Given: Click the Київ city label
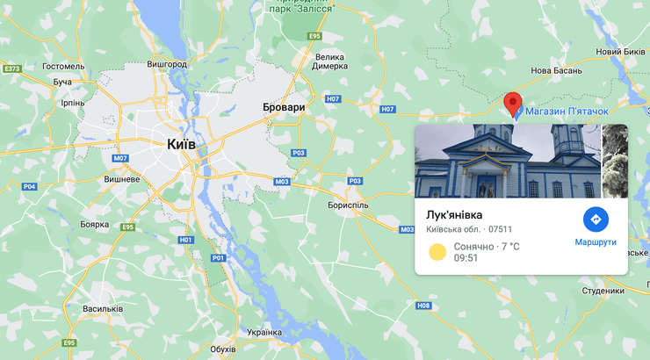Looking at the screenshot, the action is (x=180, y=143).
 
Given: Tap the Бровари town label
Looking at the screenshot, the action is (x=284, y=107).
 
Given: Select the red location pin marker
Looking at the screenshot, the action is (x=513, y=103).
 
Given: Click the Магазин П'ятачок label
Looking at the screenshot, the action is (x=567, y=112).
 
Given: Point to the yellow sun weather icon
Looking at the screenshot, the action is (x=437, y=252).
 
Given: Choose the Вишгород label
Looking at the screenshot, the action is (x=167, y=64).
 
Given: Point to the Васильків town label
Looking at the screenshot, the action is (x=103, y=309).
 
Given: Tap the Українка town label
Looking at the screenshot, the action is (x=264, y=332).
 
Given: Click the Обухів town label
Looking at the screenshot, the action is (x=223, y=349).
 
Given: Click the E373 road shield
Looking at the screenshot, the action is (x=12, y=68).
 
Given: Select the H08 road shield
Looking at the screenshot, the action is (x=424, y=306).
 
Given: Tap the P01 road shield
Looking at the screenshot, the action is (x=218, y=257).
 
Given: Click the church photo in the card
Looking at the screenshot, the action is (x=507, y=161).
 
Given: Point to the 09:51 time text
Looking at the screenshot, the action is (x=466, y=258).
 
